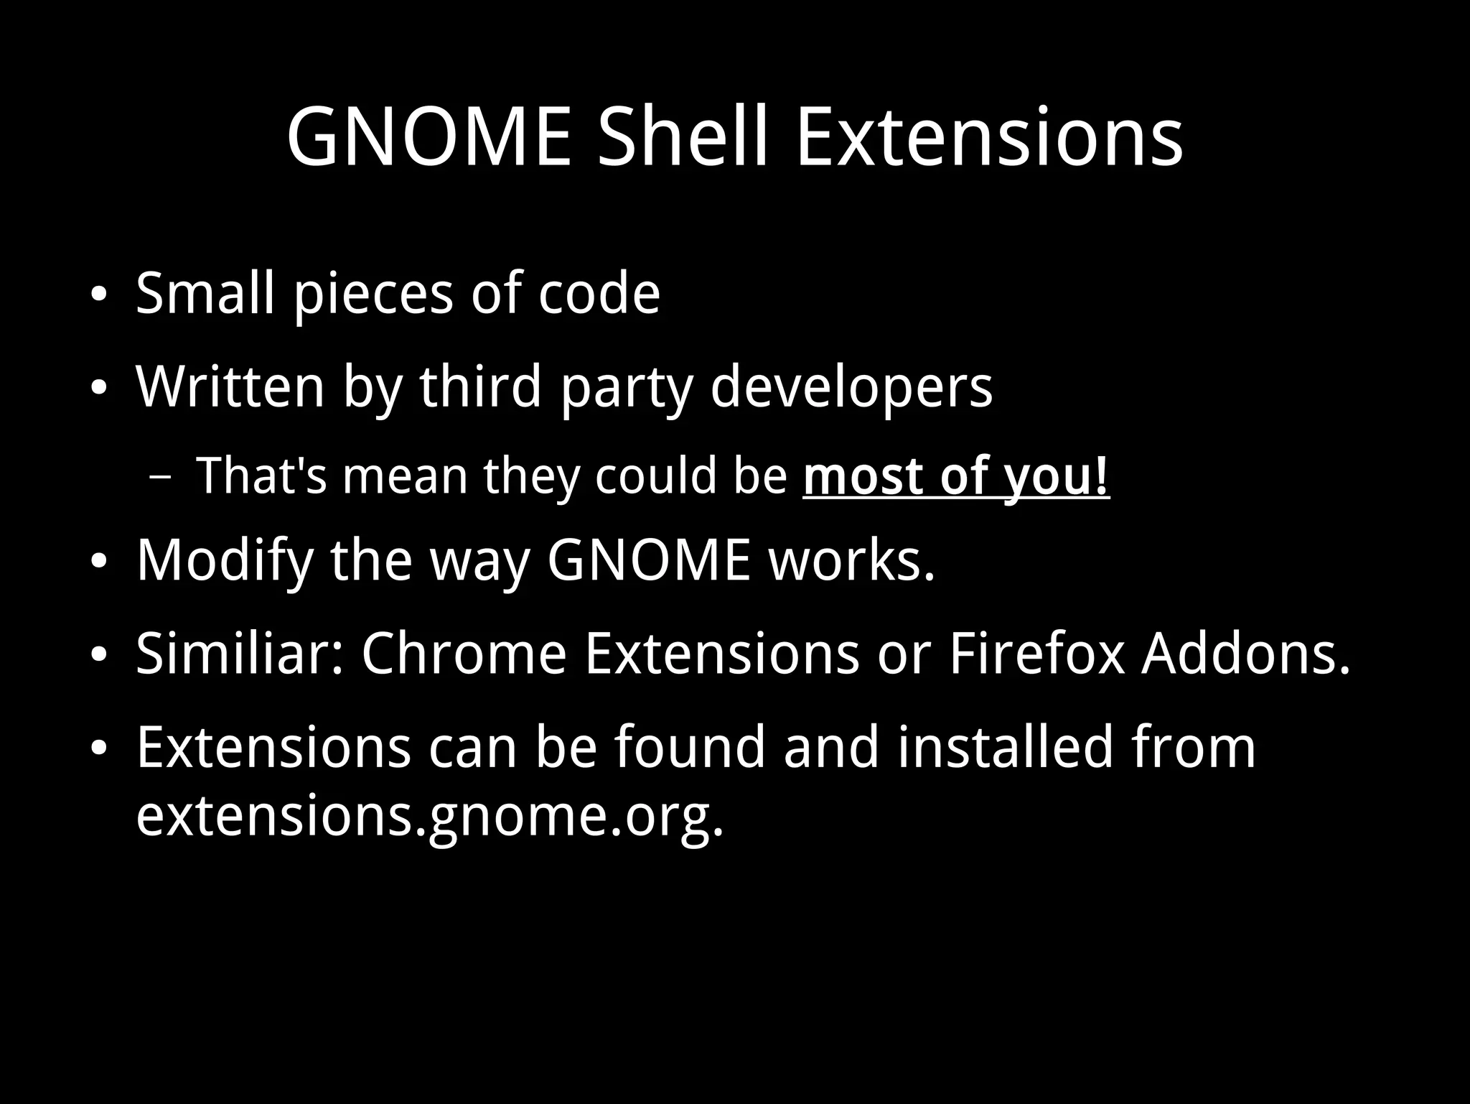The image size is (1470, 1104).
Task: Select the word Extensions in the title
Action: [x=989, y=136]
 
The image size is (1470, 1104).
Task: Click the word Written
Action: [x=230, y=387]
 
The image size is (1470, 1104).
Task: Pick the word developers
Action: [x=851, y=387]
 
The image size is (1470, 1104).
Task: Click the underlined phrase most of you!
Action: [x=956, y=476]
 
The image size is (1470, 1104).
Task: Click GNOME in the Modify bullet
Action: [x=649, y=560]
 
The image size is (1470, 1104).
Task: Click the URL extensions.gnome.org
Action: [x=429, y=817]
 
